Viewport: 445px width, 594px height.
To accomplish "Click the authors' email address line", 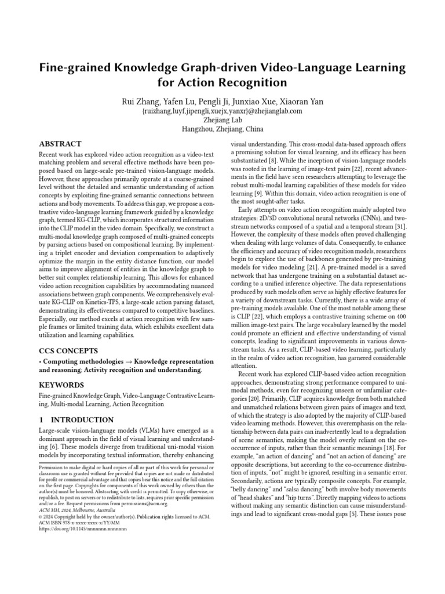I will tap(222, 111).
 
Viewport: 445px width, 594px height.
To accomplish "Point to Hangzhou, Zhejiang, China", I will tap(222, 129).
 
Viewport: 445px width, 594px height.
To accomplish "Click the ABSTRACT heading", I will tap(60, 144).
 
